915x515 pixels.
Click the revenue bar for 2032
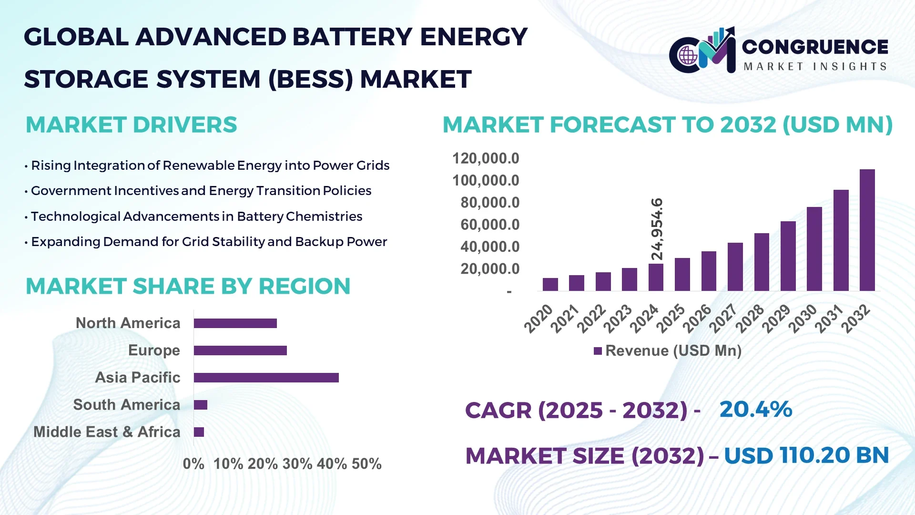pos(867,230)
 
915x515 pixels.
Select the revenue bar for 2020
pos(550,284)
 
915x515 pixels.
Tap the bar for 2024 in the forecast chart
pos(656,277)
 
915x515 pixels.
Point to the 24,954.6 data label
pos(657,229)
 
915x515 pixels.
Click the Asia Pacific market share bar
pos(266,378)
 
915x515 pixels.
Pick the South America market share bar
pos(201,405)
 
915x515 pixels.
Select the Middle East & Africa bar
pos(199,432)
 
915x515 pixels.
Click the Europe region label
pos(154,350)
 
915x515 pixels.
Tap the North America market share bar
pos(235,323)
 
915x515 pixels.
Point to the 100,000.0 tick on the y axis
pos(485,180)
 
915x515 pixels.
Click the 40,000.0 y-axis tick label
pos(489,247)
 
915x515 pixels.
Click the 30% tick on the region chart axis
pos(297,463)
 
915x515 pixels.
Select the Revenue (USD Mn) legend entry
pos(668,351)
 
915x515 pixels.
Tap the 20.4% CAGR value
pos(755,409)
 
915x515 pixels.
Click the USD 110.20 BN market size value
pos(806,455)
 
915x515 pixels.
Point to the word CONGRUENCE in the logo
pos(815,47)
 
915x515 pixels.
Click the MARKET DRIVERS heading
pos(131,125)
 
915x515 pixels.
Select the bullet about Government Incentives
pos(201,191)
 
